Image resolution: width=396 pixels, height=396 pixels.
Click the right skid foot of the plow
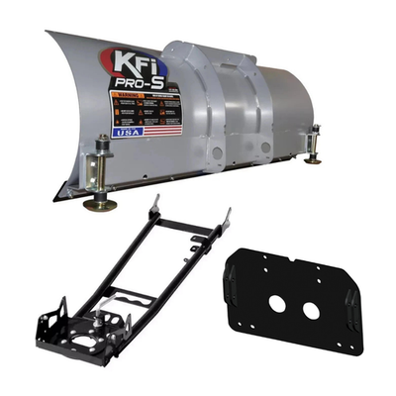(x=314, y=158)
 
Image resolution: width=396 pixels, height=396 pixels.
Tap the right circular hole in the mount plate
(x=311, y=311)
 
